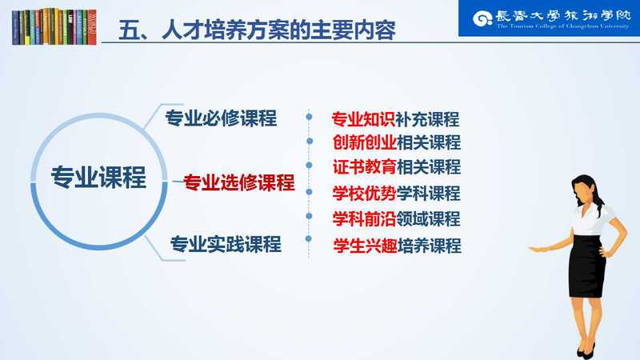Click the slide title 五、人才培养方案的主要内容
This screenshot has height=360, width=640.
tap(257, 30)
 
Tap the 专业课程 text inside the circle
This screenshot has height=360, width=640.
tap(98, 178)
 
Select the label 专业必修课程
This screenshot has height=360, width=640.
tap(221, 118)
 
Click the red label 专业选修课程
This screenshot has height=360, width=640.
tap(238, 182)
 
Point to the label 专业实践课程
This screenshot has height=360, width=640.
tap(226, 244)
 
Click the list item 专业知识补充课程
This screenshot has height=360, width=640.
tap(395, 119)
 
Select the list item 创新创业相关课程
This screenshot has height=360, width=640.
tap(396, 142)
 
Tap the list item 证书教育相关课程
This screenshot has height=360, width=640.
tap(396, 167)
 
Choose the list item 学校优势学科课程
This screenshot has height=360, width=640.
tap(396, 193)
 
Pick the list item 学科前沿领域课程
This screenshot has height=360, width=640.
tap(396, 219)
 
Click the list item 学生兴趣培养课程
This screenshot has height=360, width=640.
tap(397, 246)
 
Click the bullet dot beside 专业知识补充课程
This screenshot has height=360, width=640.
tap(309, 117)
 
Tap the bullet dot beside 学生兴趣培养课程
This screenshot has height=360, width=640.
tap(309, 238)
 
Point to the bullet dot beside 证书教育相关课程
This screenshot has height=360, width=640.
tap(309, 166)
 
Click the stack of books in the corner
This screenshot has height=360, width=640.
tap(54, 26)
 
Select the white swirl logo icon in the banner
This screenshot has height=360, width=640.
tap(482, 18)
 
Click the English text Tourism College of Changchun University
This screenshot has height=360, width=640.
tap(563, 26)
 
